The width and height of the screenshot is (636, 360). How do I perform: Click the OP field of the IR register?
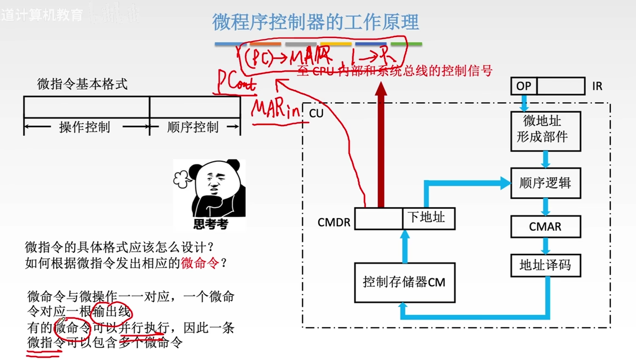coord(524,86)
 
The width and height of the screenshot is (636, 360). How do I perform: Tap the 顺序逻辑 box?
coord(545,183)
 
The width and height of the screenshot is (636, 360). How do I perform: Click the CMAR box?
coord(545,227)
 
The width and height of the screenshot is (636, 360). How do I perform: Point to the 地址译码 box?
coord(545,265)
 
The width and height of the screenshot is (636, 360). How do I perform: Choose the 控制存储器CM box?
coord(404,282)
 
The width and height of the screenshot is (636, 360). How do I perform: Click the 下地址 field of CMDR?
coord(428,218)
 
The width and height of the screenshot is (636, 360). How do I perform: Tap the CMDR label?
coord(333,222)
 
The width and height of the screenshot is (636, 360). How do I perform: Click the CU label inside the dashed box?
coord(316,114)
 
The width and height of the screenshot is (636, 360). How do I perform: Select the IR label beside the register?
coord(597,86)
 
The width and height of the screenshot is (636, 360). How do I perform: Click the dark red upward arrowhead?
coord(381,89)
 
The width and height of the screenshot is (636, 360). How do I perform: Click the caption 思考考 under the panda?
coord(210,224)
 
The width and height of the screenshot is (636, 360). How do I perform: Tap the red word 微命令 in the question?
coord(200,263)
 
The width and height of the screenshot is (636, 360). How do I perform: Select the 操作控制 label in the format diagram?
coord(85,127)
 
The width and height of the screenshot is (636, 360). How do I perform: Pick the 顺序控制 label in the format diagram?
coord(193,127)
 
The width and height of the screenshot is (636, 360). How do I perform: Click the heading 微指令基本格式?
coord(82,84)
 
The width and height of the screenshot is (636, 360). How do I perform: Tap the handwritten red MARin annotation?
coord(276,110)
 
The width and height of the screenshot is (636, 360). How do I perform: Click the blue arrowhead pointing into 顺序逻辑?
coord(505,183)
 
